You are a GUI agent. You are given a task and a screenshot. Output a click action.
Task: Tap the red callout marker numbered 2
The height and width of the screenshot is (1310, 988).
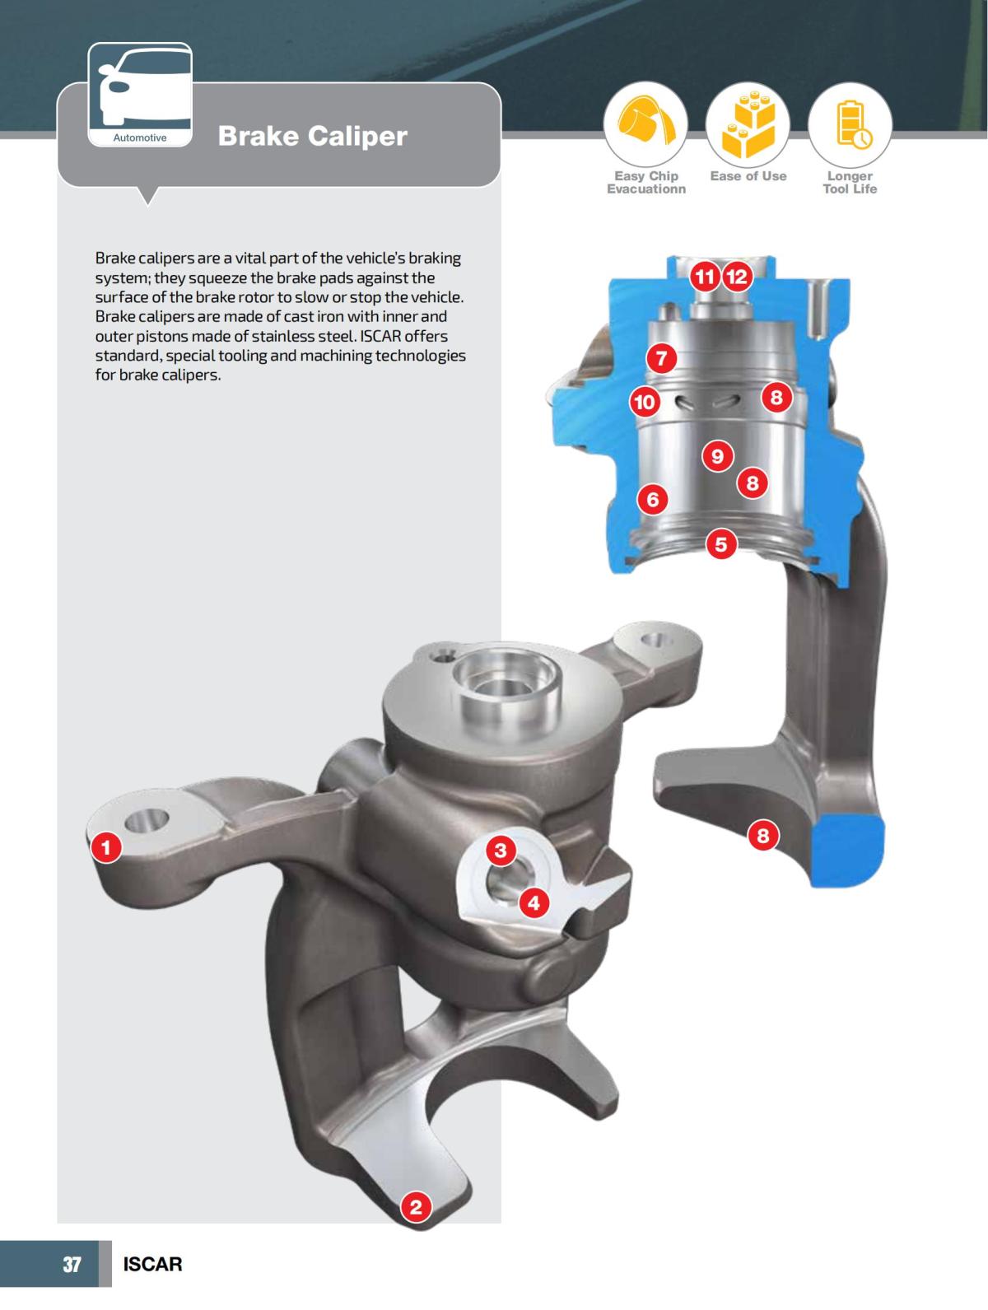click(x=416, y=1208)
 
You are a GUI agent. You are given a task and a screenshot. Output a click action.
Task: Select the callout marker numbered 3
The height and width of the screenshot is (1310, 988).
click(x=501, y=850)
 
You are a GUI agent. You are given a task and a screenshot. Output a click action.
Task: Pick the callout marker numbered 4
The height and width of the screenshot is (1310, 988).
click(x=534, y=903)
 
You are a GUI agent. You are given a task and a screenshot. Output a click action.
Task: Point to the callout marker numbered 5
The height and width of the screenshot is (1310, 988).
click(x=721, y=544)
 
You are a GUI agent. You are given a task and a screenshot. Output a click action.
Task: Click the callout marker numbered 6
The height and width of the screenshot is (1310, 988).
click(x=653, y=499)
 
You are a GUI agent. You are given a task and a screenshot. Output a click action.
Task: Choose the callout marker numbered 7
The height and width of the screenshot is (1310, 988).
click(x=661, y=358)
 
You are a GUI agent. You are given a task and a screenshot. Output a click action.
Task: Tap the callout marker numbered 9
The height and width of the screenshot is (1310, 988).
click(x=718, y=455)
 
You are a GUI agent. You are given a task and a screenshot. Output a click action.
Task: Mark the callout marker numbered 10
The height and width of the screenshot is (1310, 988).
click(x=645, y=402)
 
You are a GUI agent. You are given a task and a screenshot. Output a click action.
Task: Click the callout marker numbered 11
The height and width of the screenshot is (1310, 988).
click(x=705, y=277)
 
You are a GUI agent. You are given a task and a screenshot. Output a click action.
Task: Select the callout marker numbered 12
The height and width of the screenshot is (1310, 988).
click(x=737, y=277)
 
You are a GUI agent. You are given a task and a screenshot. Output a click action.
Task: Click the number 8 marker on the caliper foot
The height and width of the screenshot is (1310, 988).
click(x=762, y=837)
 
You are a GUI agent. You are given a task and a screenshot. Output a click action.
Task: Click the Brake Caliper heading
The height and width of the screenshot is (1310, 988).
click(x=312, y=136)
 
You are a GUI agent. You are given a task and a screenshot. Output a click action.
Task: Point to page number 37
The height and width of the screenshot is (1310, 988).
click(x=72, y=1264)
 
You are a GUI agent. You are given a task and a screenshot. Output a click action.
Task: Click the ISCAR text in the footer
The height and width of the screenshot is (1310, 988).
click(x=152, y=1264)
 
